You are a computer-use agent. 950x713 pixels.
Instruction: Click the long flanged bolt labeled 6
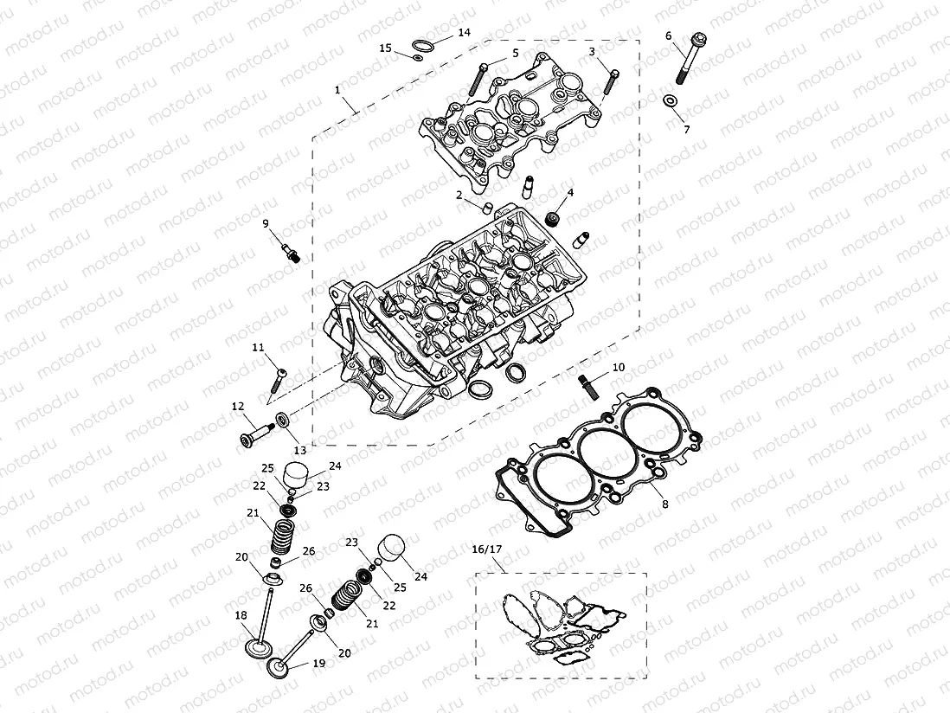(x=689, y=61)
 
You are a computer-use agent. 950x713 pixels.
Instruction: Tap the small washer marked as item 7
(x=670, y=102)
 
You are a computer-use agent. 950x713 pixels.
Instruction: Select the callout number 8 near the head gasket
(x=664, y=503)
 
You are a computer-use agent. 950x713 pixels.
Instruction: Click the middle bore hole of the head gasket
(x=599, y=450)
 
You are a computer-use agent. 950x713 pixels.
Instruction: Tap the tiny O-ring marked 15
(x=417, y=58)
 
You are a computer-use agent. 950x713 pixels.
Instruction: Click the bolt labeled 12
(x=254, y=432)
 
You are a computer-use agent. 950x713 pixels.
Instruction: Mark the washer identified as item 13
(x=282, y=422)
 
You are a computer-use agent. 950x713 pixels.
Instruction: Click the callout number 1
(x=337, y=89)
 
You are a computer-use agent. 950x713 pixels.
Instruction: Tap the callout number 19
(x=318, y=664)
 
